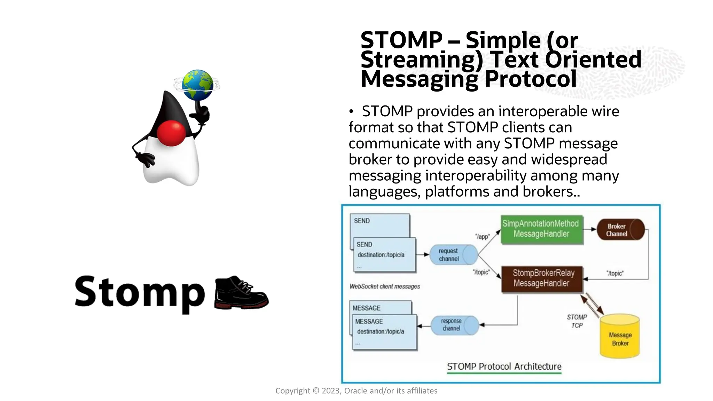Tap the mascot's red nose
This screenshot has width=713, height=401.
(x=171, y=133)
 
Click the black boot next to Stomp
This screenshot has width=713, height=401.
(x=241, y=293)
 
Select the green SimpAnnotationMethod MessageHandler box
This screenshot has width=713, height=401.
(x=541, y=229)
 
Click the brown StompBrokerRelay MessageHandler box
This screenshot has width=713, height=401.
(x=541, y=278)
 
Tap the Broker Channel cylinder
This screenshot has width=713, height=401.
(x=620, y=230)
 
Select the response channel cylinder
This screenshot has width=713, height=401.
(x=454, y=325)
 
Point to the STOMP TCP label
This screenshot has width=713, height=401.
(x=577, y=321)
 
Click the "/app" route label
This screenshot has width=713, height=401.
(x=483, y=237)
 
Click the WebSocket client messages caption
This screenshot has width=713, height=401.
(x=385, y=286)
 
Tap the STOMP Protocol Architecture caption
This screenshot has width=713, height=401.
(x=504, y=367)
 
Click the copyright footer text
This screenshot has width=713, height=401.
(x=356, y=391)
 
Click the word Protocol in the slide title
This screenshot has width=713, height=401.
(x=531, y=79)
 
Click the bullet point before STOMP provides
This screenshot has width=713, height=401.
(x=351, y=112)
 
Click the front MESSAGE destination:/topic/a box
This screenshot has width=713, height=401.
(x=385, y=332)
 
